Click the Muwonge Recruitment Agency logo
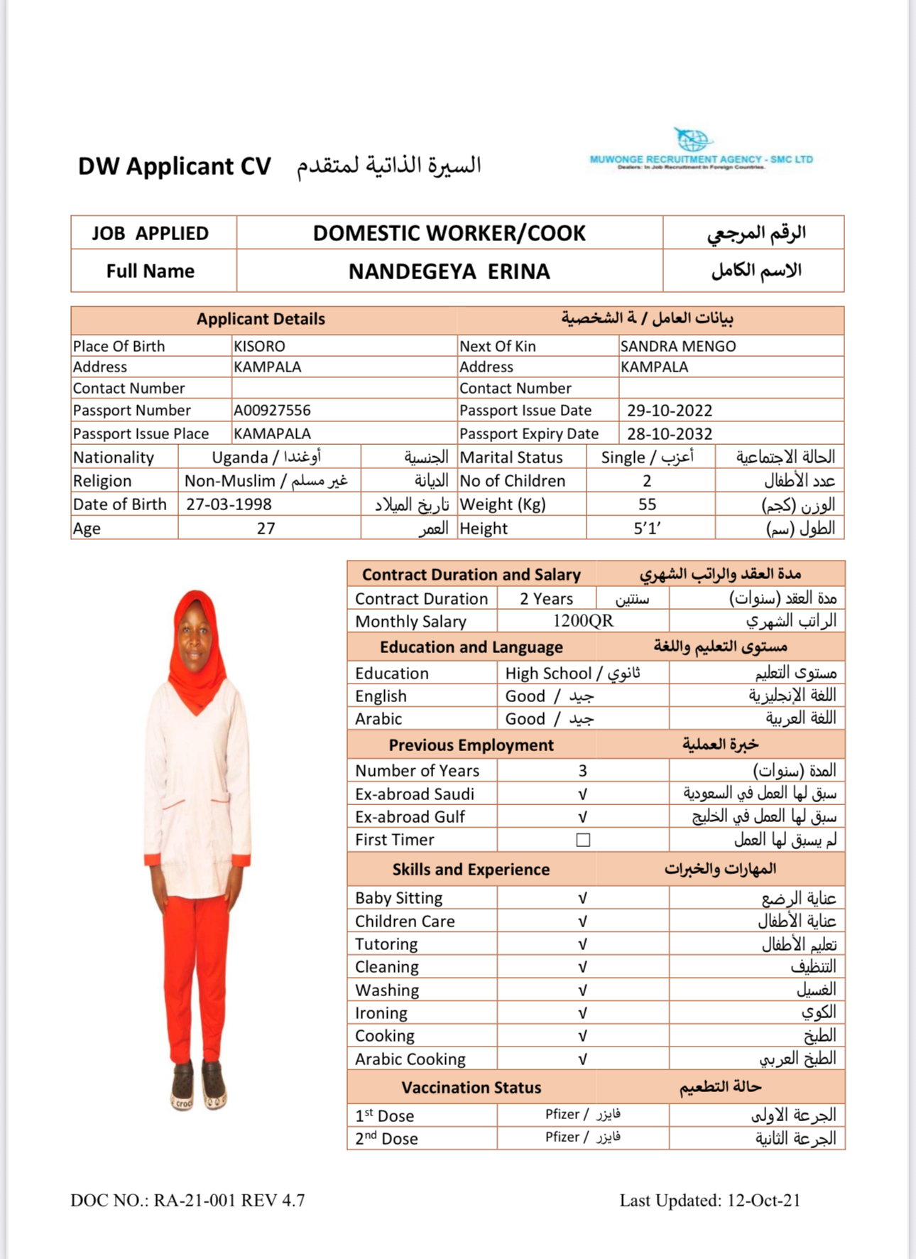coord(700,150)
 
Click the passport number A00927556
coord(272,411)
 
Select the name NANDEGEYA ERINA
coord(449,271)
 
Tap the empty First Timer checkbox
coord(583,840)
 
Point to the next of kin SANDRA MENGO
coord(677,347)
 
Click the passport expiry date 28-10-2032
coord(669,434)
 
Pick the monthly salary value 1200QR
coord(582,621)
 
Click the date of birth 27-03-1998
coord(229,504)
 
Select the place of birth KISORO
coord(259,347)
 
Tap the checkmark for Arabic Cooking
coord(582,1059)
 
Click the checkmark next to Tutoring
coord(582,944)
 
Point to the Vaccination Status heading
coord(471,1088)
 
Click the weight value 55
coord(647,504)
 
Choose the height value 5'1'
coord(647,529)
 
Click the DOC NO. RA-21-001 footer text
coord(187,1201)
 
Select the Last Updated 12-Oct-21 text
coord(709,1201)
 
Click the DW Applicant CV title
coord(174,166)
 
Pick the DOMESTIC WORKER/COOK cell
coord(449,233)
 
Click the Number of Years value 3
coord(582,771)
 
